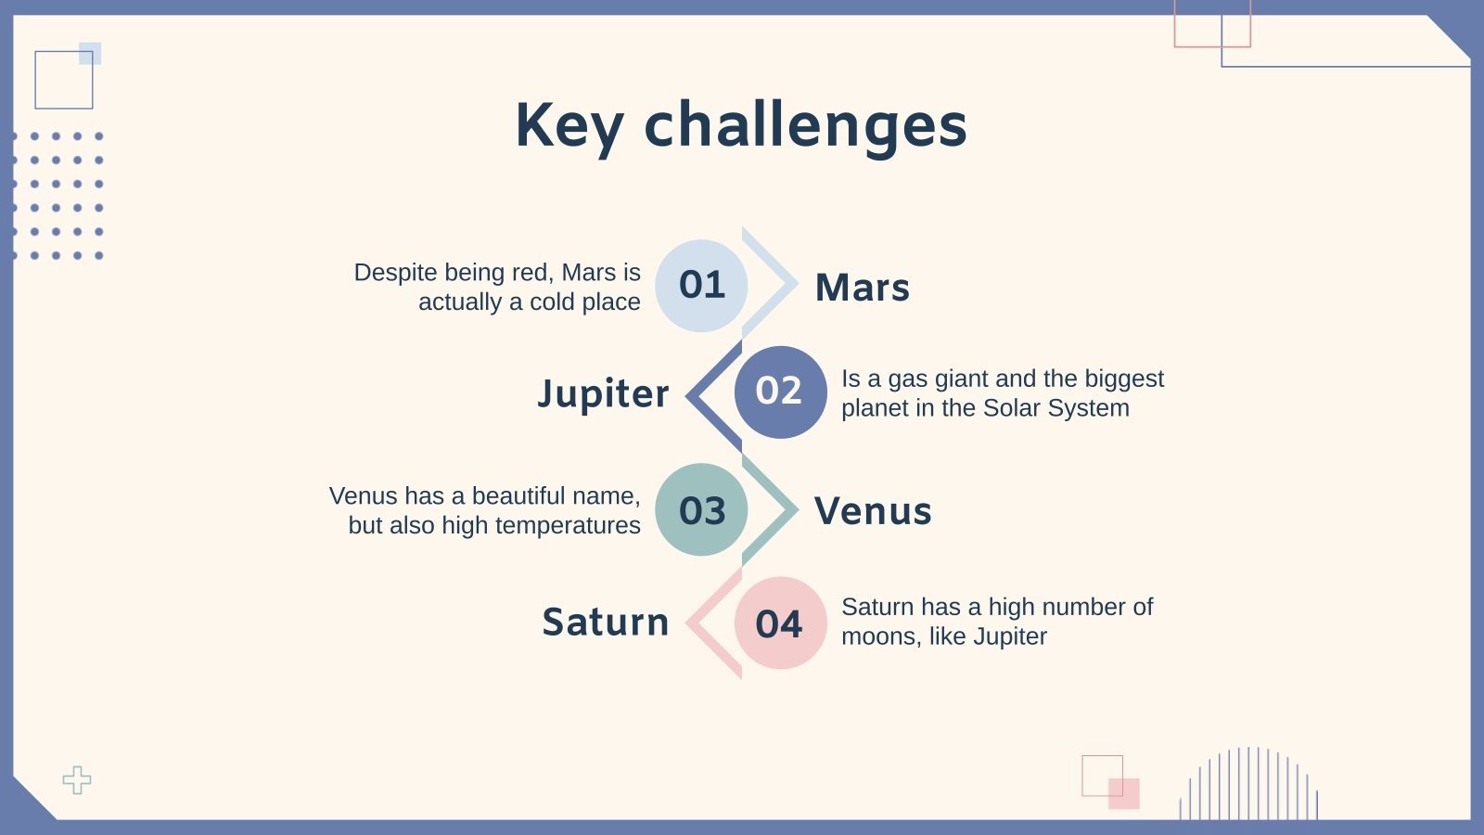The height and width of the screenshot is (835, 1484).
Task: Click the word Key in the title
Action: (x=569, y=127)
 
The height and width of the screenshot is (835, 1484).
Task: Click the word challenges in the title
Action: (x=806, y=127)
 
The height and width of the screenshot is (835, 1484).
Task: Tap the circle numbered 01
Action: (x=701, y=286)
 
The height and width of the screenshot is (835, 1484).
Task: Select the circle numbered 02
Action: (x=780, y=392)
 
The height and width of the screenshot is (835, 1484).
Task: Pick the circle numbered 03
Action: (x=701, y=509)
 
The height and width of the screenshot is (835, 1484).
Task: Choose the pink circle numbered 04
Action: (x=780, y=623)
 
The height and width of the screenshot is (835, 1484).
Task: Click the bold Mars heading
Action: (x=862, y=288)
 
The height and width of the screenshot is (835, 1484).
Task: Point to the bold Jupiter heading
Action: (x=603, y=393)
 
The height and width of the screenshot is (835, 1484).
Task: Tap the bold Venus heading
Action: (x=873, y=511)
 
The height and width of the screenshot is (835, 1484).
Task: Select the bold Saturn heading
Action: (x=606, y=623)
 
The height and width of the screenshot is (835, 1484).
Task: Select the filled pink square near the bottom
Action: (x=1124, y=794)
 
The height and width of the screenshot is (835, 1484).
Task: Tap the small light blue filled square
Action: (x=90, y=54)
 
